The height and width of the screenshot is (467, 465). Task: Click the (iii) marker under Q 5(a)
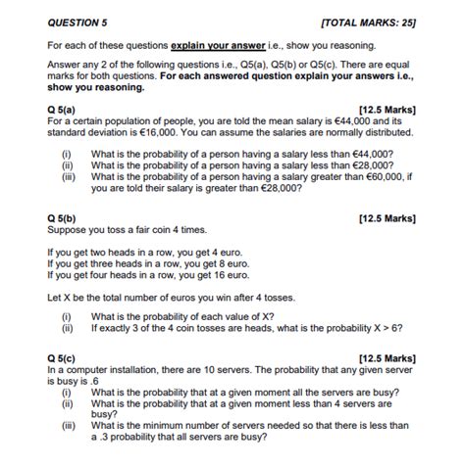[x=68, y=177]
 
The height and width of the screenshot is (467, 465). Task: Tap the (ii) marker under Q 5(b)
[x=67, y=330]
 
